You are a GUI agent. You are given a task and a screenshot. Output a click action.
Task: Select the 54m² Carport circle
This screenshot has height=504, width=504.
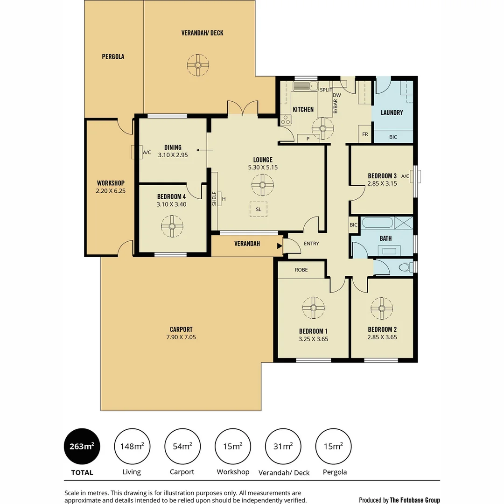(x=182, y=447)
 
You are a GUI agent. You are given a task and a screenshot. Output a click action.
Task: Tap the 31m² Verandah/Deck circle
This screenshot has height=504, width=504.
(x=283, y=447)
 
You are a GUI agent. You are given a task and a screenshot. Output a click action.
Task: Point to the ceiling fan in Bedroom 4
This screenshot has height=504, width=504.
(x=172, y=226)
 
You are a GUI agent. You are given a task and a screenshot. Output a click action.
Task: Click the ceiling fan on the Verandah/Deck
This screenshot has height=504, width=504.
(x=199, y=65)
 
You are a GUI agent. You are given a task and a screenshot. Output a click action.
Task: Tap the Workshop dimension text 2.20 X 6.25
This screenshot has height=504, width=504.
(x=111, y=191)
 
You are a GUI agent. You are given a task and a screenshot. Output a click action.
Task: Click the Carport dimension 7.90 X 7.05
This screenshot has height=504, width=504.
(x=182, y=337)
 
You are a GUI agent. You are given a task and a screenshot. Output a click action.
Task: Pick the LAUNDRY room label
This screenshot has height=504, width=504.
(x=392, y=112)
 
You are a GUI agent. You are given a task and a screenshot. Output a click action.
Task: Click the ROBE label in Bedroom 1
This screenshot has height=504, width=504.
(x=301, y=270)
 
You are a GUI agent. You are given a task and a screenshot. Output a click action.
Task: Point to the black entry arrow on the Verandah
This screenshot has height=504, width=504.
(x=280, y=245)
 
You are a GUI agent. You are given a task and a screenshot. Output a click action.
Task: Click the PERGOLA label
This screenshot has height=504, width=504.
(x=113, y=56)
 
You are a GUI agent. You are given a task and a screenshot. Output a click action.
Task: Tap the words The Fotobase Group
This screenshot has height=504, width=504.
(x=415, y=500)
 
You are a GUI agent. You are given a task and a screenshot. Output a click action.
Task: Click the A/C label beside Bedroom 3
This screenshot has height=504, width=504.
(x=405, y=176)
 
